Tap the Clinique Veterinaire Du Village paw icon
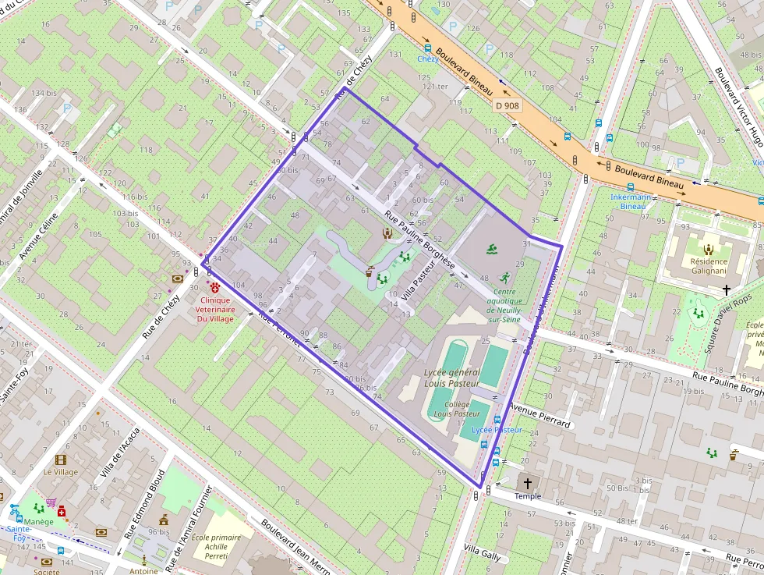coord(214,287)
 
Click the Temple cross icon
coord(528,483)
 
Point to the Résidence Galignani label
coord(709,266)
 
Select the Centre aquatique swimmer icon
coord(492,250)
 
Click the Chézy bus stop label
coord(427,59)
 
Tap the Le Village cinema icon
coord(61,460)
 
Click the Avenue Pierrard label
coord(540,415)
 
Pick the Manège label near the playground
coord(38,521)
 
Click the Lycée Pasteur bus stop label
coord(497,430)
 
